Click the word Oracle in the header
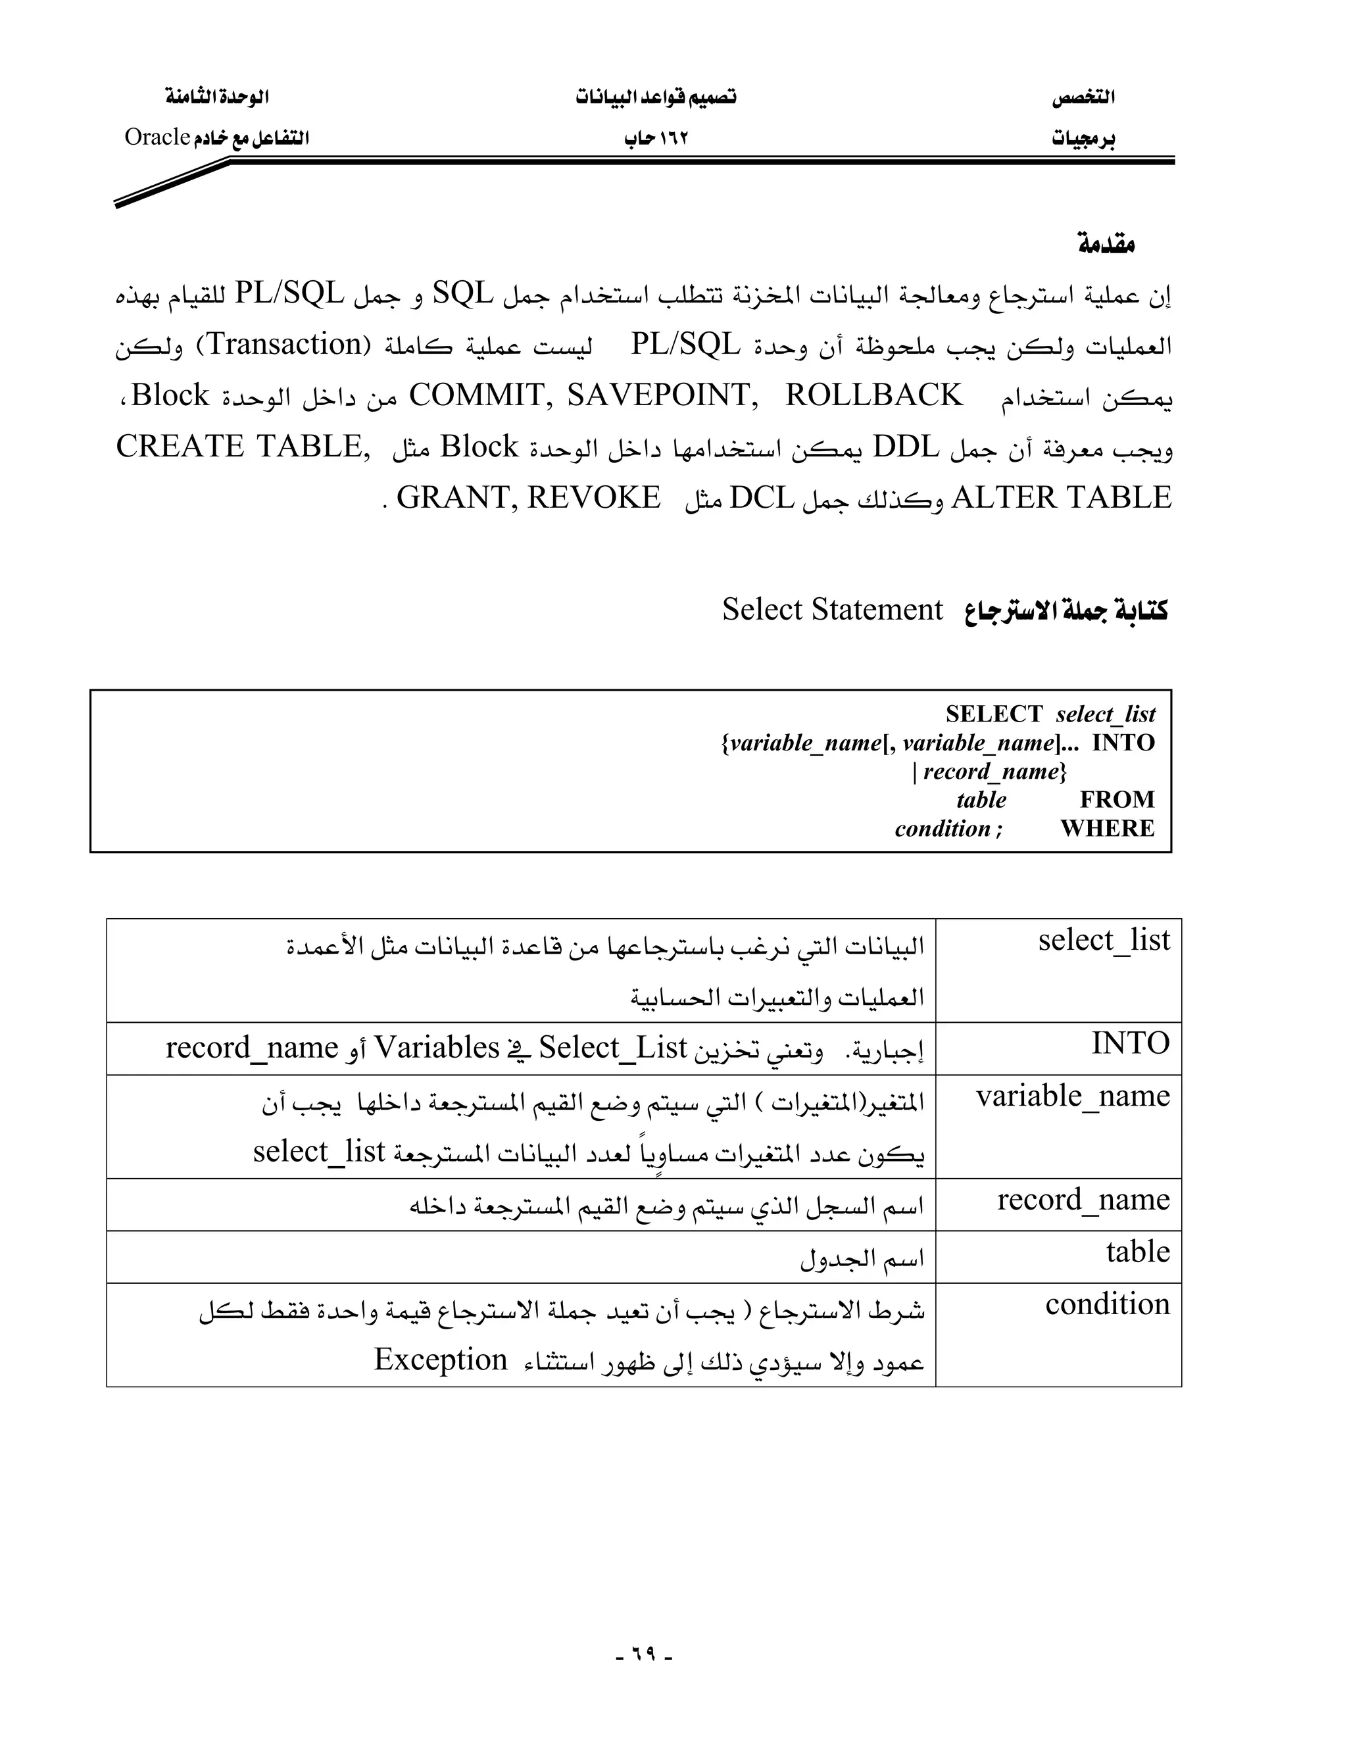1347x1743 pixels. point(157,137)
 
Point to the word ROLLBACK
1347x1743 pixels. point(874,396)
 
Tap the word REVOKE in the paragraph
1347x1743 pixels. point(594,498)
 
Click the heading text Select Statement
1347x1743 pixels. point(832,610)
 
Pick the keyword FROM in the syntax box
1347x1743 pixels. point(1117,800)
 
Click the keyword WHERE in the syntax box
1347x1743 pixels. point(1108,828)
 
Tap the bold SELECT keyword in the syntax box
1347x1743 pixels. point(994,714)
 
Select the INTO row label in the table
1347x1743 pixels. point(1131,1043)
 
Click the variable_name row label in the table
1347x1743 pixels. point(1073,1096)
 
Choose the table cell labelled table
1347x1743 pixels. point(1138,1252)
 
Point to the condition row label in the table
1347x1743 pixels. point(1108,1304)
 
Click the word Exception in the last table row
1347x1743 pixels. point(441,1359)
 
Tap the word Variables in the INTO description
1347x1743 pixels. point(437,1047)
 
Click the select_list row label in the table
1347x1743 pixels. point(1104,940)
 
